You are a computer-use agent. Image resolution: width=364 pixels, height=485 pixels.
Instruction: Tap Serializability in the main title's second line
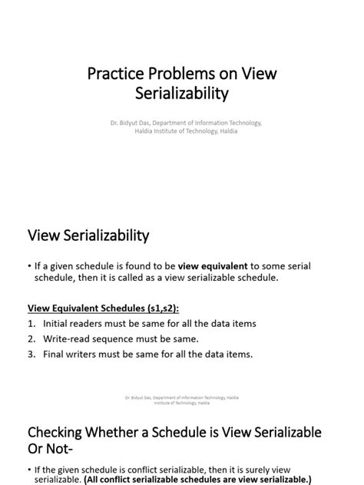(181, 94)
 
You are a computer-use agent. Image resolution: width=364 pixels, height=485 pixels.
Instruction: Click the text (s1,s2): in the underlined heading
(159, 308)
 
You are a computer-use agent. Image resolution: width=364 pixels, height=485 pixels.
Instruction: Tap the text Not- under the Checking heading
(66, 450)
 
